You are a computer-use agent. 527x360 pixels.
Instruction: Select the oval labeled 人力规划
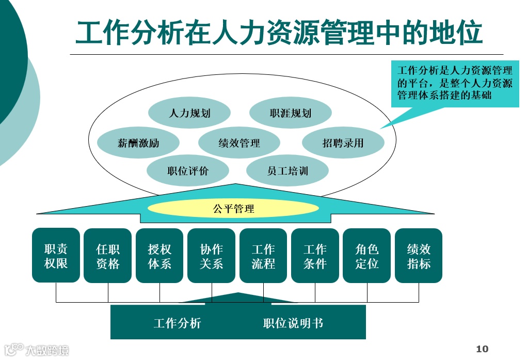coord(189,113)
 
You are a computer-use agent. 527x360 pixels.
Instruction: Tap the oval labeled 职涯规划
coord(290,113)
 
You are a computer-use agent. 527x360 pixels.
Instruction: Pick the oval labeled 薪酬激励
coord(138,143)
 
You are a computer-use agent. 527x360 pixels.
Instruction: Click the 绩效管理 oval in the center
coord(239,143)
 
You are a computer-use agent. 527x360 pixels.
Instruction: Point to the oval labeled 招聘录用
coord(343,143)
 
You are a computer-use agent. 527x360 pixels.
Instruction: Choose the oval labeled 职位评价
coord(188,171)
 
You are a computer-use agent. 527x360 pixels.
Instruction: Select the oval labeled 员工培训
coord(288,170)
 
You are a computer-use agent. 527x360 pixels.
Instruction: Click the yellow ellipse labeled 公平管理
coord(233,209)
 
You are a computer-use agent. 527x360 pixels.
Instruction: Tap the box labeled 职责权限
coord(56,256)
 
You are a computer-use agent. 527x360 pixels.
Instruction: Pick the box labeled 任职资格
coord(107,256)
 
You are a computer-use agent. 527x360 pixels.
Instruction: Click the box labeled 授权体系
coord(159,256)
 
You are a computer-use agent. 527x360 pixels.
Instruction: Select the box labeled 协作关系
coord(211,256)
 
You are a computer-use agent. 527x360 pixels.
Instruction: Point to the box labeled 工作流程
coord(263,256)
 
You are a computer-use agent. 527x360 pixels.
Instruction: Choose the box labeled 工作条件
coord(315,256)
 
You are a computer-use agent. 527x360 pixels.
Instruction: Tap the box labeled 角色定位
coord(366,256)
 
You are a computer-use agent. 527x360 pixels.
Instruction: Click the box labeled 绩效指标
coord(419,256)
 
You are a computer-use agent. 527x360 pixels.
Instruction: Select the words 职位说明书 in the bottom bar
coord(293,323)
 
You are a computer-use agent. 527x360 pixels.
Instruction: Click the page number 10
coord(482,349)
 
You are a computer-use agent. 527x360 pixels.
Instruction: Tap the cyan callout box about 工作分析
coord(455,83)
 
